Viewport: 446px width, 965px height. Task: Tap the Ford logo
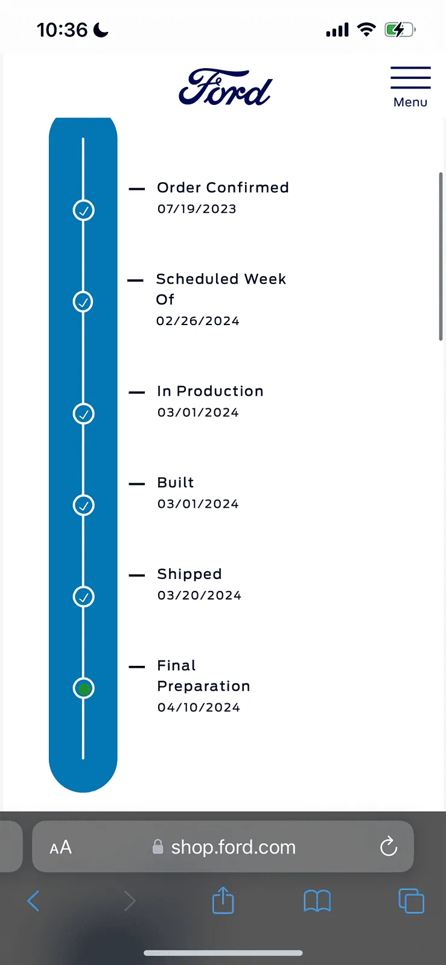[x=225, y=87]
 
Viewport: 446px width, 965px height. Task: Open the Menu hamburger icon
[x=410, y=78]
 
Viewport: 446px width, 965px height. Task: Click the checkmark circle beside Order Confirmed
[x=84, y=210]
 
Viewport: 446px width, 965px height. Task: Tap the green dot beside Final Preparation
[x=84, y=688]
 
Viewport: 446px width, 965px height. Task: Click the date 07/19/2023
[x=197, y=209]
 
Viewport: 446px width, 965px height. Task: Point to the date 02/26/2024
[x=198, y=321]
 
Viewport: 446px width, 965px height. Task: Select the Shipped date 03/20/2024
[x=199, y=595]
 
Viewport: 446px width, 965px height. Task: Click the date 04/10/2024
[x=199, y=707]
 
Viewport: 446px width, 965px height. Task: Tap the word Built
[x=176, y=482]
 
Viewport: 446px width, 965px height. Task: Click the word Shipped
[x=190, y=574]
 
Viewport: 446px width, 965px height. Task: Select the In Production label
[x=210, y=391]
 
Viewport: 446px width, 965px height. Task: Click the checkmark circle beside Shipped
[x=84, y=596]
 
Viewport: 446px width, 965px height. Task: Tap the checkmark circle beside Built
[x=84, y=505]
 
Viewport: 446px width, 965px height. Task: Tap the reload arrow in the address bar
[x=388, y=846]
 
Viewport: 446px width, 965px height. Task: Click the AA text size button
[x=61, y=847]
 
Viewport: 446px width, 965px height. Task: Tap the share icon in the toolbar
[x=223, y=900]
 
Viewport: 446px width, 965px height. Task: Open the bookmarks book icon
[x=317, y=901]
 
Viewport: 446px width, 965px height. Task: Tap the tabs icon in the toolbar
[x=412, y=901]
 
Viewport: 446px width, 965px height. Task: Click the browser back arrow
[x=33, y=901]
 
